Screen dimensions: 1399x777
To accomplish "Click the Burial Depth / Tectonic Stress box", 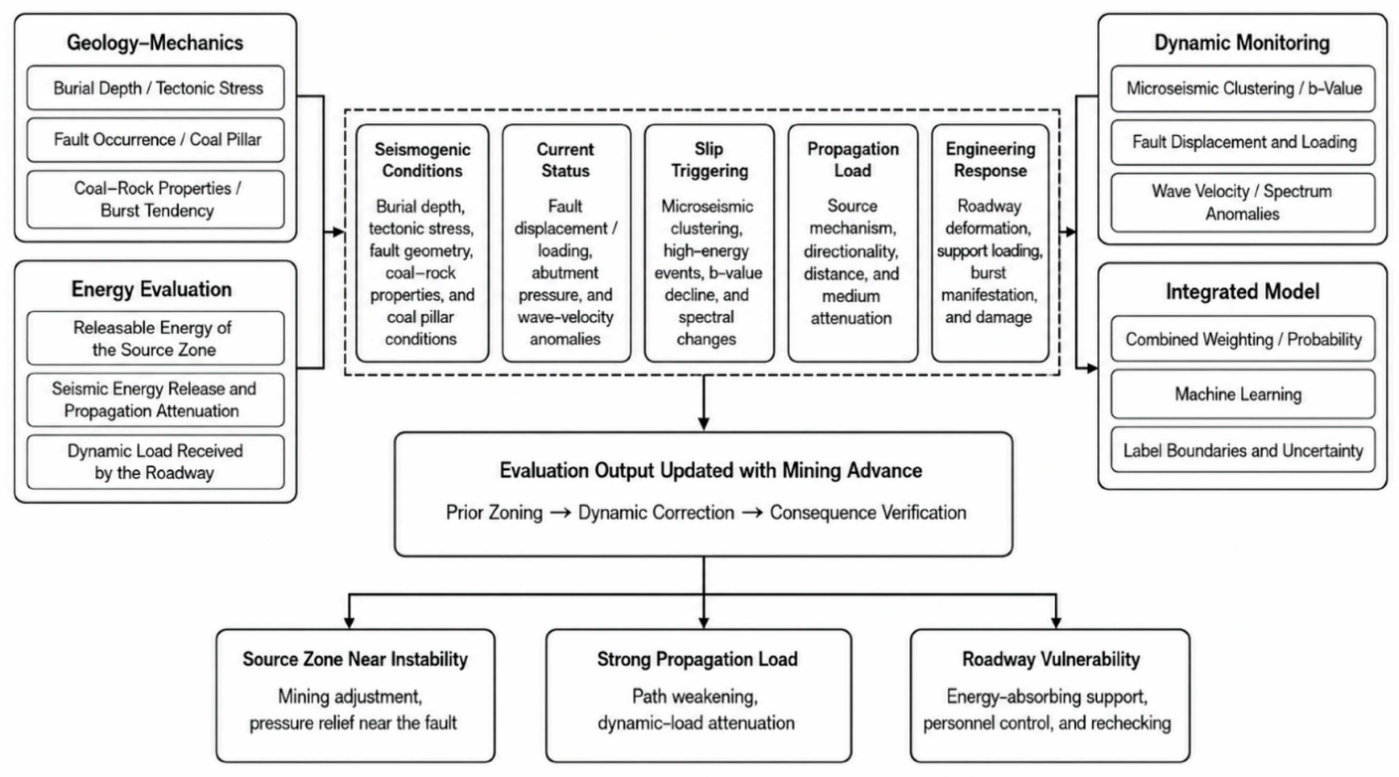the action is click(155, 88).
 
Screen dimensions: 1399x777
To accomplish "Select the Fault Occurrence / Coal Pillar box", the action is click(155, 140).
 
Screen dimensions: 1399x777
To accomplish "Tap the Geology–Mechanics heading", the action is click(155, 42).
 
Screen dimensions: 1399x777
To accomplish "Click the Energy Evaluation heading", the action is click(152, 289).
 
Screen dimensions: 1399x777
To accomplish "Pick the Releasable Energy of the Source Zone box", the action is click(155, 338).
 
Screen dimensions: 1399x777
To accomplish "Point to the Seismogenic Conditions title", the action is click(423, 160).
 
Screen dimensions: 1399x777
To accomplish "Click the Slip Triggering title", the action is click(709, 160).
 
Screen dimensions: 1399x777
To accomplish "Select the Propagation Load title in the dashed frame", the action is click(853, 160).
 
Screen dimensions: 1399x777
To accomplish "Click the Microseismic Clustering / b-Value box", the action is click(1243, 88).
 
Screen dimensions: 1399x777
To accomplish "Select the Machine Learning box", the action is click(1243, 394).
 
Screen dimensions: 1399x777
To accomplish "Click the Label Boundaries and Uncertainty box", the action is click(1243, 450).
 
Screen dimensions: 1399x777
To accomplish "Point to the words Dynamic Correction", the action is click(656, 512).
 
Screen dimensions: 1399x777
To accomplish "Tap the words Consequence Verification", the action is click(868, 512).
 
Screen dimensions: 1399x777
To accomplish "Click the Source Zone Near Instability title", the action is click(355, 659).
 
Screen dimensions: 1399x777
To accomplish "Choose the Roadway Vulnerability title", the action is click(1051, 659).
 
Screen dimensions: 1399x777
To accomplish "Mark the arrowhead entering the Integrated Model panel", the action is click(1092, 368).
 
